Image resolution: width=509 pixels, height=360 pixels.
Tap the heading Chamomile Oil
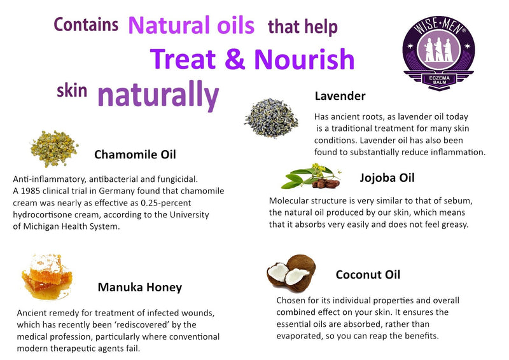coord(135,155)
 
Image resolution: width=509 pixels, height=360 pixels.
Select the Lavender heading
coord(340,96)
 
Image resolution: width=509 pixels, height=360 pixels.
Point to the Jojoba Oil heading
coord(387,177)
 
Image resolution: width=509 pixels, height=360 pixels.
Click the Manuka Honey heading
coord(139,287)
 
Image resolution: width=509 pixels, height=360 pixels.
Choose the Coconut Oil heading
coord(368,275)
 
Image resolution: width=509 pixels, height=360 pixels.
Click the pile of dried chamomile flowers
coord(53,148)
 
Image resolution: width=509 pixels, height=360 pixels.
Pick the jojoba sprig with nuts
coord(309,176)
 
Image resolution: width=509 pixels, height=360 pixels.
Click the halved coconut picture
coord(288,270)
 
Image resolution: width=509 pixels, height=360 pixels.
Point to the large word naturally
coord(158,95)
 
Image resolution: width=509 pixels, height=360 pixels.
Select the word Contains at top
coord(86,25)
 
